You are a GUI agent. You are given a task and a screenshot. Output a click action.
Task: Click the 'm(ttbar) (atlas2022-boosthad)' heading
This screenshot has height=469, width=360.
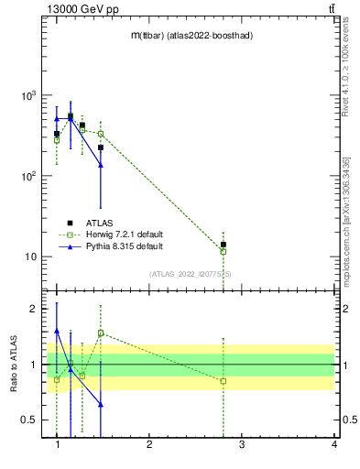(191, 36)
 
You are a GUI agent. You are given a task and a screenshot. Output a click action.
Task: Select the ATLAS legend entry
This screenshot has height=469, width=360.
(101, 223)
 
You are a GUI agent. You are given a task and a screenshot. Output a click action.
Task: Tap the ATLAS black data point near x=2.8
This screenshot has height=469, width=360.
(223, 245)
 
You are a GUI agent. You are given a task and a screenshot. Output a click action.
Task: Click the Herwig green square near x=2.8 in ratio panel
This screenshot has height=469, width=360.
(223, 381)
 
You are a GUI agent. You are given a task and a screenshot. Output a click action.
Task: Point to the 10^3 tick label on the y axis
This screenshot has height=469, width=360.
(27, 95)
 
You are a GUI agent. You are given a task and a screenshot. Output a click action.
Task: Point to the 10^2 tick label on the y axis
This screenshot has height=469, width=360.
(27, 176)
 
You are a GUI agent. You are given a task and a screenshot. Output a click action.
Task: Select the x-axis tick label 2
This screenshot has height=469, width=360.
(149, 444)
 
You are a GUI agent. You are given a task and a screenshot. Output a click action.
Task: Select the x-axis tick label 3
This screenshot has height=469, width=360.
(242, 444)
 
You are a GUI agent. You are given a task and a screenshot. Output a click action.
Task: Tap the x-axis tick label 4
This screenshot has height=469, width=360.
(334, 444)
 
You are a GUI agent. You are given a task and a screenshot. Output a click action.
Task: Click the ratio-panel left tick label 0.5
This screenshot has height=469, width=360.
(28, 420)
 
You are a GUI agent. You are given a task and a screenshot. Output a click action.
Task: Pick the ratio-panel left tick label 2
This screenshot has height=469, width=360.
(33, 309)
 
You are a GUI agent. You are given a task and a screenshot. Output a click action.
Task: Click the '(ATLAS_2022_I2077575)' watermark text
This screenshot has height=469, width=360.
(191, 274)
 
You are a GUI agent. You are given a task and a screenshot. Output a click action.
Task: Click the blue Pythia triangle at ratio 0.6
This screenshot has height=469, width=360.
(101, 404)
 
